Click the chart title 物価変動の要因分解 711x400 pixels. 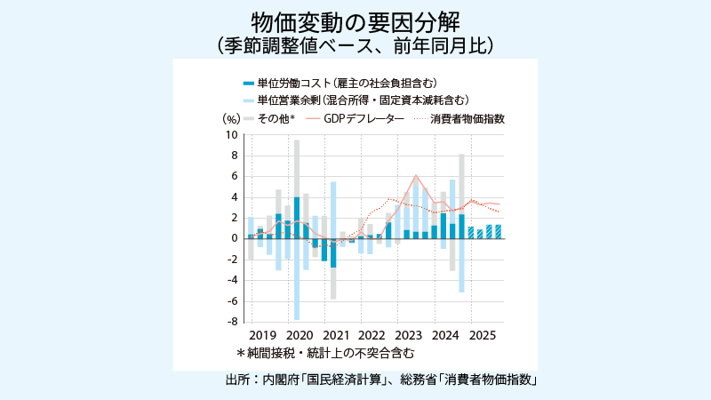pyautogui.click(x=355, y=21)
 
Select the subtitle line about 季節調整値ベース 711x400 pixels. pyautogui.click(x=355, y=44)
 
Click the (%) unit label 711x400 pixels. pyautogui.click(x=230, y=118)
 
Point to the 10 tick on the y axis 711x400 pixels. pyautogui.click(x=232, y=135)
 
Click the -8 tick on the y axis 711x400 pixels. pyautogui.click(x=232, y=322)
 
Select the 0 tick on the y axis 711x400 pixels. pyautogui.click(x=235, y=238)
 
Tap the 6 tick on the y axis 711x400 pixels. pyautogui.click(x=235, y=176)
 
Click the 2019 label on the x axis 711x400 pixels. pyautogui.click(x=262, y=337)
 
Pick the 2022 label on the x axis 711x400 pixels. pyautogui.click(x=371, y=337)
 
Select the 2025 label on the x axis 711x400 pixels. pyautogui.click(x=482, y=337)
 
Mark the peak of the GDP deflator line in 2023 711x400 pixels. pyautogui.click(x=416, y=176)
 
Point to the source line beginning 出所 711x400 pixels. pyautogui.click(x=383, y=380)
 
